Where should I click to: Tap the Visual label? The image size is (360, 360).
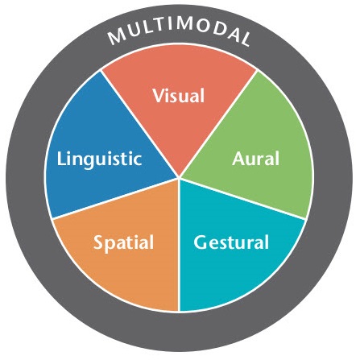(179, 96)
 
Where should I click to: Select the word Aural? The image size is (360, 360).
(255, 159)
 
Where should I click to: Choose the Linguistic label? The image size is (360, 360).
(99, 159)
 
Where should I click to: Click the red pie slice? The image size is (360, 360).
(179, 121)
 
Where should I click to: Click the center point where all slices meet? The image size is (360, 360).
(179, 178)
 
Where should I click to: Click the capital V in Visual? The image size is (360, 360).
(158, 96)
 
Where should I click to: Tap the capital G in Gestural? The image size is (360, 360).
(201, 242)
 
